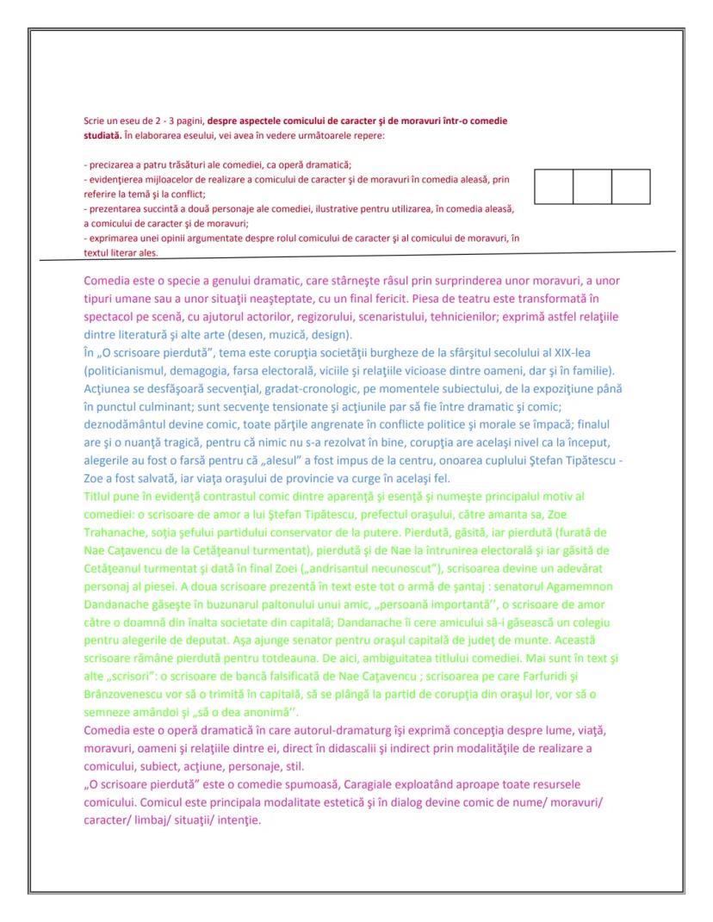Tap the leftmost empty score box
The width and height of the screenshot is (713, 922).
(554, 187)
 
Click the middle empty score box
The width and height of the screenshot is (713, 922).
(592, 187)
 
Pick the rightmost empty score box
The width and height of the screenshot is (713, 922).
(630, 187)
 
